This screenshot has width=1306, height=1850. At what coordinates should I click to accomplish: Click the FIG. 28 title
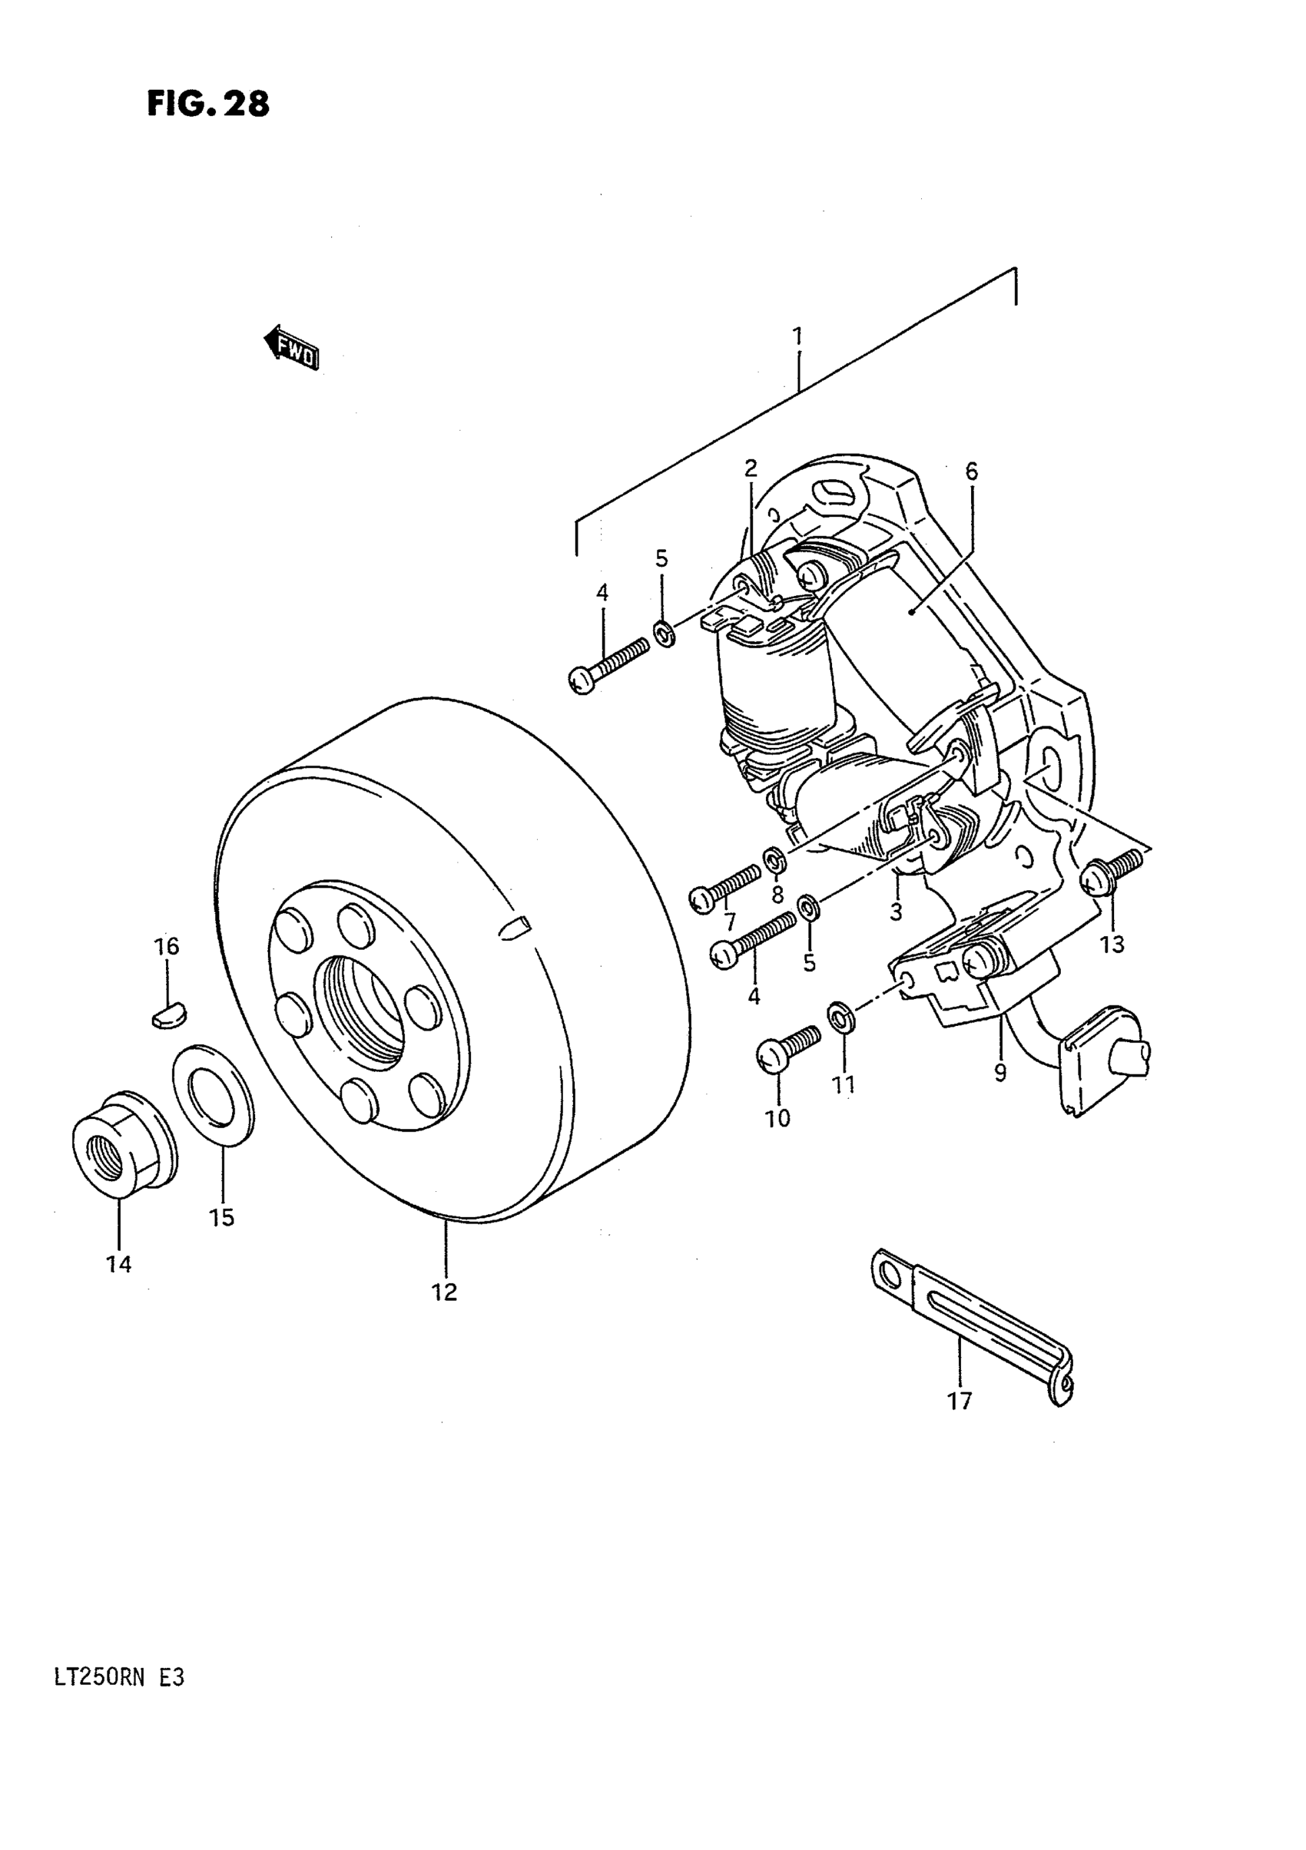coord(208,104)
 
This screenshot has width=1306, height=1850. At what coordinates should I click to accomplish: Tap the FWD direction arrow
coord(292,348)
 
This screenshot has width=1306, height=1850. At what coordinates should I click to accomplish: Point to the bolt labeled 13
coord(1112,873)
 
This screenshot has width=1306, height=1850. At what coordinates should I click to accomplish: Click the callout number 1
coord(797,336)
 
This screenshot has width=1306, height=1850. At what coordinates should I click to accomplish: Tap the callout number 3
coord(896,912)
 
